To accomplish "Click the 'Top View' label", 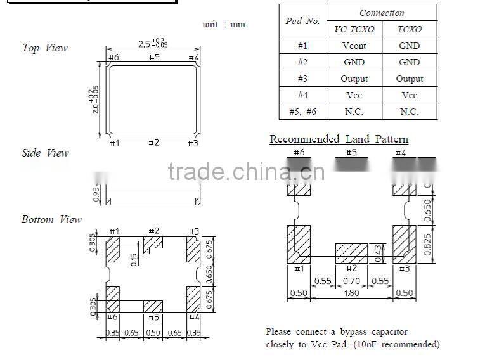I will [x=44, y=48].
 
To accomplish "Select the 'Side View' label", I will [x=45, y=153].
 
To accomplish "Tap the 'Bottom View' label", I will [x=51, y=220].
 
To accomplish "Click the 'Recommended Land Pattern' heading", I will [x=339, y=139].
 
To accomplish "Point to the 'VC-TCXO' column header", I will [x=354, y=29].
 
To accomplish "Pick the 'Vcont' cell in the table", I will [x=354, y=46].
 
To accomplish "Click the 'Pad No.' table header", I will [x=302, y=21].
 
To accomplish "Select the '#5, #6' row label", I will [x=302, y=112].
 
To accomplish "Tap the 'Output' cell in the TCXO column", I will [x=409, y=79].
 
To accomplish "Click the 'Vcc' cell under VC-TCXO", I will [x=354, y=95].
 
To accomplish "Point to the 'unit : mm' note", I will [x=223, y=25].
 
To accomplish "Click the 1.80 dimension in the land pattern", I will [x=351, y=293].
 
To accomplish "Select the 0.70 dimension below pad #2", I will [x=351, y=281].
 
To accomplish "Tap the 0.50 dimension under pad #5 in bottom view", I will [x=153, y=332].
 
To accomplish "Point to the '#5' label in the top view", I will [x=153, y=58].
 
